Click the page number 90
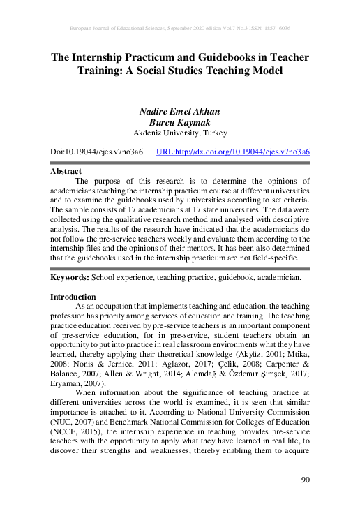[x=303, y=479]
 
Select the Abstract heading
[x=66, y=171]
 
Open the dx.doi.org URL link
[x=233, y=151]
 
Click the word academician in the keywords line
[x=277, y=278]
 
